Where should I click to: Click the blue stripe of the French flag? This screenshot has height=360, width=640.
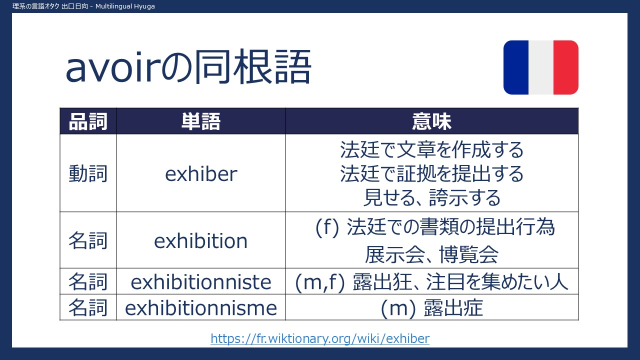516,67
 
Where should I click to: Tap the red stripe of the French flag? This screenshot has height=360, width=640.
566,67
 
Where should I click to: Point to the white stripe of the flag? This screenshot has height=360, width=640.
541,67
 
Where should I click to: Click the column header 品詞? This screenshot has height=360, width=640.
88,121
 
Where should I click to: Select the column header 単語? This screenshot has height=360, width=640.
201,121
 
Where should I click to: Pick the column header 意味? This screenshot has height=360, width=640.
431,121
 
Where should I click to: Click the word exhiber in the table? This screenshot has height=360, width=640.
201,173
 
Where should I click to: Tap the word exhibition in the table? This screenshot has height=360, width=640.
201,240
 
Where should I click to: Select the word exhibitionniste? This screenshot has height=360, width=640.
201,282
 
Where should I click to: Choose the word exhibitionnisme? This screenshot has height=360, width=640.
201,308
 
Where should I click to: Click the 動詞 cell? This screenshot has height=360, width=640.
88,173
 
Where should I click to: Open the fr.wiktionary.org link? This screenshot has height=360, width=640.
320,338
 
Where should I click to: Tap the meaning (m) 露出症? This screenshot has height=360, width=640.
431,308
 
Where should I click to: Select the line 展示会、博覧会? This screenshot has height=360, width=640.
431,254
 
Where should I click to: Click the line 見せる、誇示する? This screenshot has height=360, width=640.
431,197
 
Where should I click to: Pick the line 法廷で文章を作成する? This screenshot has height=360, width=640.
431,149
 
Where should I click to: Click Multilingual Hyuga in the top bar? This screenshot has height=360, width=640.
125,6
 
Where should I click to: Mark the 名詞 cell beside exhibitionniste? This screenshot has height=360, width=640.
88,282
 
